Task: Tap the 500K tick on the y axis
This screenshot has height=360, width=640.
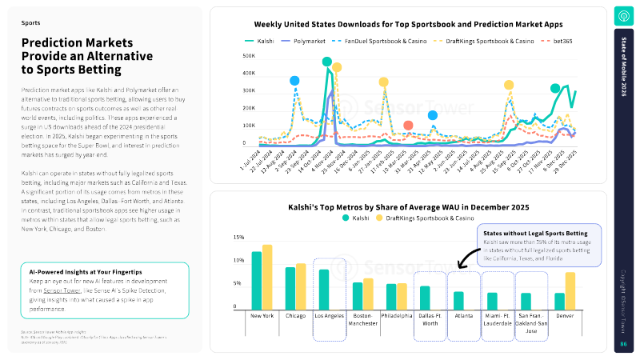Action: pos(249,56)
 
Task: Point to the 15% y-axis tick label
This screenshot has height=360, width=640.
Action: pos(238,238)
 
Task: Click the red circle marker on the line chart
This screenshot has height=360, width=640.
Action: pos(408,126)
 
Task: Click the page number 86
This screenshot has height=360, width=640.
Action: pos(623,343)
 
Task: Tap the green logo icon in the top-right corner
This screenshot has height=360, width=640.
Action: pos(623,16)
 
